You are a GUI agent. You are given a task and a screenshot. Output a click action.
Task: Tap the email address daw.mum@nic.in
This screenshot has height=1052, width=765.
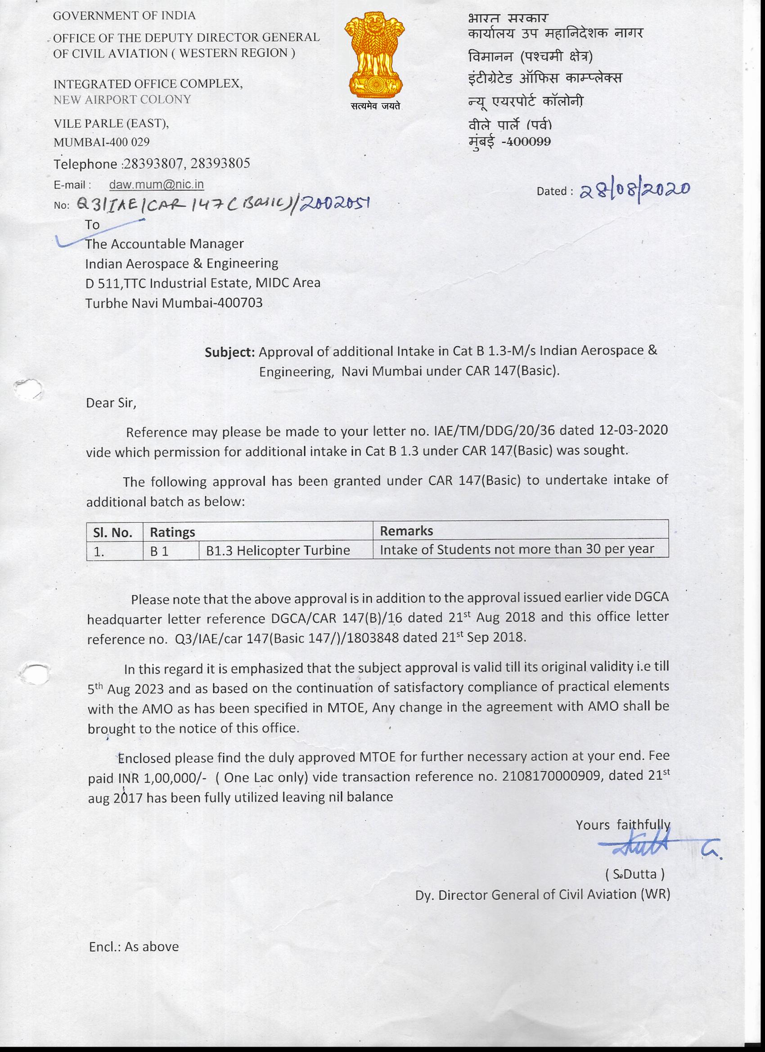pos(156,184)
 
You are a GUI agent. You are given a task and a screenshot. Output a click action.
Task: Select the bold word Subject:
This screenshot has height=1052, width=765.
pos(229,352)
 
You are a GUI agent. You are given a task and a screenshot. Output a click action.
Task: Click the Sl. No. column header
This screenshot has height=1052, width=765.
pos(113,532)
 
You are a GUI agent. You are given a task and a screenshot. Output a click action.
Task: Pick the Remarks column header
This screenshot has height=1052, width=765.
pos(406,531)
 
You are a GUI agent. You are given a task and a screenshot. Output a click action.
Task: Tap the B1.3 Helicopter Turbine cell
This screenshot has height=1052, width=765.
pos(278,551)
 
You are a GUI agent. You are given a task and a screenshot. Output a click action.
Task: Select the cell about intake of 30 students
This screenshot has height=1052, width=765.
pos(517,550)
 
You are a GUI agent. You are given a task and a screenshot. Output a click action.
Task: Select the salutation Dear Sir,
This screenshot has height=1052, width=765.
pos(111,403)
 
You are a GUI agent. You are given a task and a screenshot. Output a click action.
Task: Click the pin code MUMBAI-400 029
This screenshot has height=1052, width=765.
pos(102,142)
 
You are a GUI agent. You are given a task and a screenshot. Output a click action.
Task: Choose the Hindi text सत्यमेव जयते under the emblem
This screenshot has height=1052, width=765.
pos(375,106)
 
